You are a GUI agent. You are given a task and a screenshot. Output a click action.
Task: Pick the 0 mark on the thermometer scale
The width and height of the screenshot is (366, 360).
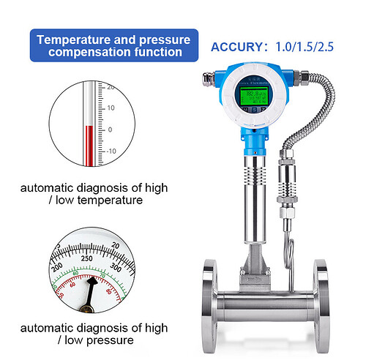[111, 129]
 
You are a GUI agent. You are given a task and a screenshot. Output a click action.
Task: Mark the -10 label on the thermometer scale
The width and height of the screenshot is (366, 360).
[111, 151]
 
